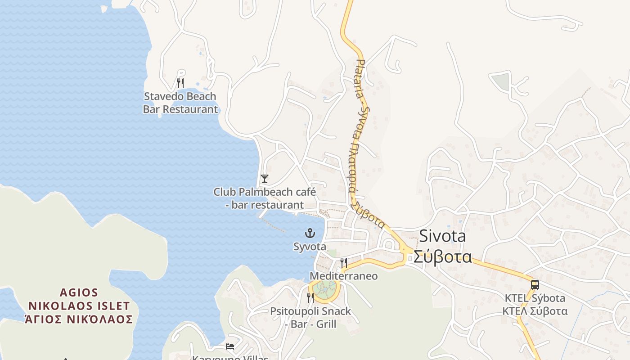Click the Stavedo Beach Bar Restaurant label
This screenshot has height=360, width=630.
tap(180, 103)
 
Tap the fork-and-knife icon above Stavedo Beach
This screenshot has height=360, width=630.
tap(180, 83)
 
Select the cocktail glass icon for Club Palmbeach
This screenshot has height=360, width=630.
tap(265, 179)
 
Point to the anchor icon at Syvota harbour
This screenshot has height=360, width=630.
tap(310, 233)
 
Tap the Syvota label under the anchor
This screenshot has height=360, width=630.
tap(310, 247)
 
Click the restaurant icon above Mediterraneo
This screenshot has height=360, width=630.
tap(344, 262)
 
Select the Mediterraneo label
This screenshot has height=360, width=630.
tap(344, 276)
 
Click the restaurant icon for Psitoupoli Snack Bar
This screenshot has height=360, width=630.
tap(310, 297)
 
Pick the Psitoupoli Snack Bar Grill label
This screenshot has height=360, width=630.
tap(310, 317)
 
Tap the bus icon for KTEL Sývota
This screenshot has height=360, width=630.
tap(535, 284)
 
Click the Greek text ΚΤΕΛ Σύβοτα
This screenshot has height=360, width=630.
tap(535, 311)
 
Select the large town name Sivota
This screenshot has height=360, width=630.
tap(442, 236)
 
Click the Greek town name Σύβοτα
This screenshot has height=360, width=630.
tap(442, 256)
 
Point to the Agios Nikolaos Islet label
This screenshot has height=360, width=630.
tap(79, 299)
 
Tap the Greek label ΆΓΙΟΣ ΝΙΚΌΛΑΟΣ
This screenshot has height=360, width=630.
tap(79, 319)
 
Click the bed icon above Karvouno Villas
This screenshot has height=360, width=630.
tap(230, 346)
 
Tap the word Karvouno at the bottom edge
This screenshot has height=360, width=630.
tap(211, 358)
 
